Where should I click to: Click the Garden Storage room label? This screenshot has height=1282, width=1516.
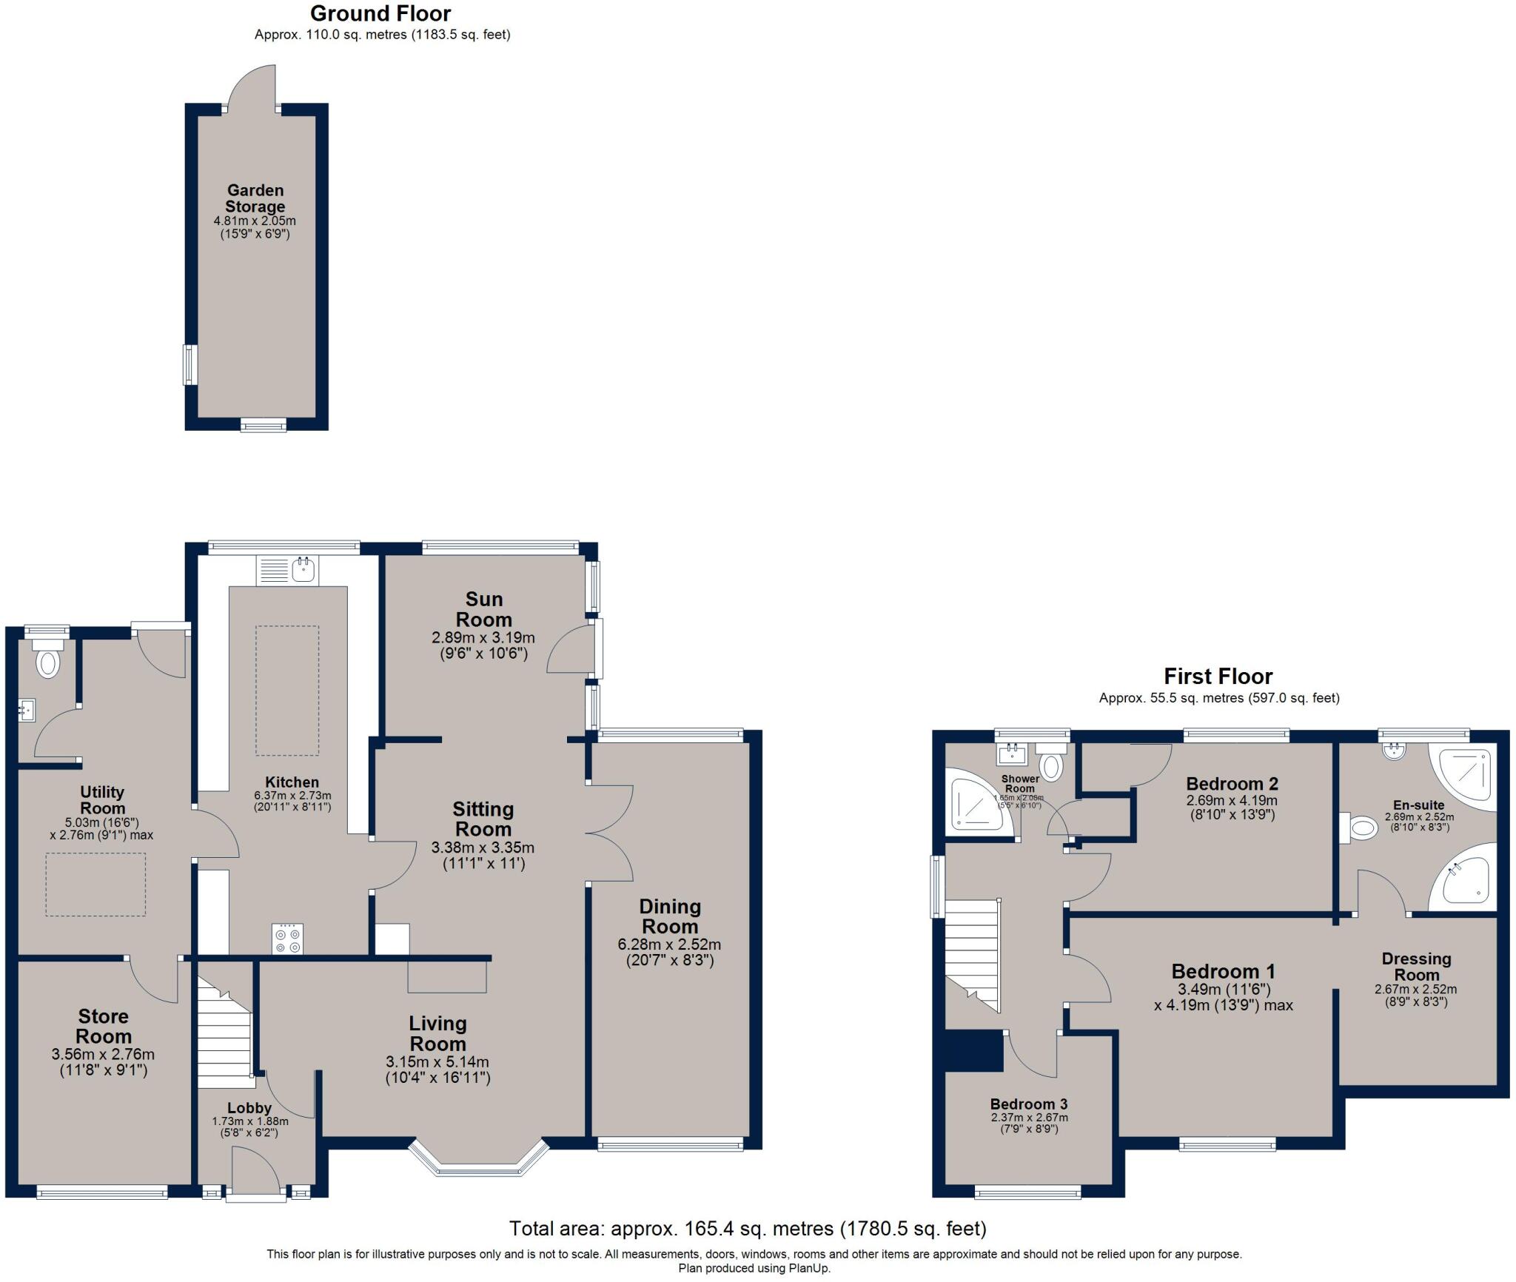coord(255,198)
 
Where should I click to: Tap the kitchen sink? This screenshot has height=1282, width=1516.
coord(303,570)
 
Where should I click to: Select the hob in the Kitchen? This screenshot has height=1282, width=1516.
coord(287,939)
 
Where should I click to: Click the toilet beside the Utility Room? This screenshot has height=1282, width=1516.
coord(48,662)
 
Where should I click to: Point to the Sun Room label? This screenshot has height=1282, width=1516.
coord(483,609)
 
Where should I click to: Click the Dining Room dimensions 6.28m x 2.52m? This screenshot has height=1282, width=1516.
coord(669,944)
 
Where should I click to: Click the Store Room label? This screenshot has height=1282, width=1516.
coord(104,1026)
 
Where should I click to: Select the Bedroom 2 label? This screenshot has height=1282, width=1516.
coord(1232,783)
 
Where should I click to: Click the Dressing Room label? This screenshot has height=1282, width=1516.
coord(1416,967)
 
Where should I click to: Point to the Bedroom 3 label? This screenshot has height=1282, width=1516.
coord(1029,1104)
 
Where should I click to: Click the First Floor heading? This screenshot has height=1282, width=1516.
coord(1218,676)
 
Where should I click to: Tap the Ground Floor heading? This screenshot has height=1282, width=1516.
coord(380,13)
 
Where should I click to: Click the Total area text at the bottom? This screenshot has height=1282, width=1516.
coord(748,1229)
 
